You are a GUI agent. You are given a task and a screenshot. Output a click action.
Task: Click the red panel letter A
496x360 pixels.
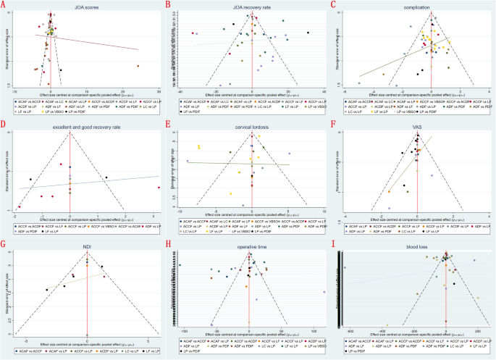pyautogui.click(x=4, y=4)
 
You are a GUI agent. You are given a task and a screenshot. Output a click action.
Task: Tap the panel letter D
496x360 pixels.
pyautogui.click(x=4, y=124)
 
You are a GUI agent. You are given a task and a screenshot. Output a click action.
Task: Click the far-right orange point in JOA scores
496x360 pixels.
pyautogui.click(x=138, y=66)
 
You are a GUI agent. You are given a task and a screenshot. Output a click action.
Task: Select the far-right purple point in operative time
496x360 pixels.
pyautogui.click(x=324, y=292)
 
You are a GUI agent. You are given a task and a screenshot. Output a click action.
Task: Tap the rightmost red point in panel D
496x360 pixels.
pyautogui.click(x=159, y=188)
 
